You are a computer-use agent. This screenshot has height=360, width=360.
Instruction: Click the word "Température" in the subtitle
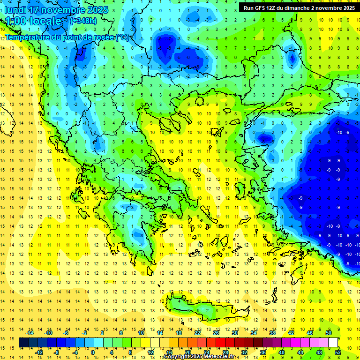click(x=27, y=37)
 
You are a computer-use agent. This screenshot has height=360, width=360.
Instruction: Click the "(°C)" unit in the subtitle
click(x=122, y=37)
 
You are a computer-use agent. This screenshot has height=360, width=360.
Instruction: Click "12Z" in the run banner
click(x=272, y=8)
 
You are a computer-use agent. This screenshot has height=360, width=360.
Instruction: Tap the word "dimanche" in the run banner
click(x=303, y=8)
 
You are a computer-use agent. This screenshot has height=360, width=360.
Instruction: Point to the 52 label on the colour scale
click(x=337, y=352)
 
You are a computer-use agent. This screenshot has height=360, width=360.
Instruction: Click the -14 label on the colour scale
click(x=30, y=333)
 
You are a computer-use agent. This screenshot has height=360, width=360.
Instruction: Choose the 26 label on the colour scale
click(x=216, y=333)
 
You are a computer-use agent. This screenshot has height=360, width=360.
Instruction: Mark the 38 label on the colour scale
click(x=271, y=333)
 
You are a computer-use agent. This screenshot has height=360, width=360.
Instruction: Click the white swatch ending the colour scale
click(x=333, y=343)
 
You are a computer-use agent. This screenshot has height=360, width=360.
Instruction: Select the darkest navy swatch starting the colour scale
click(x=23, y=343)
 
